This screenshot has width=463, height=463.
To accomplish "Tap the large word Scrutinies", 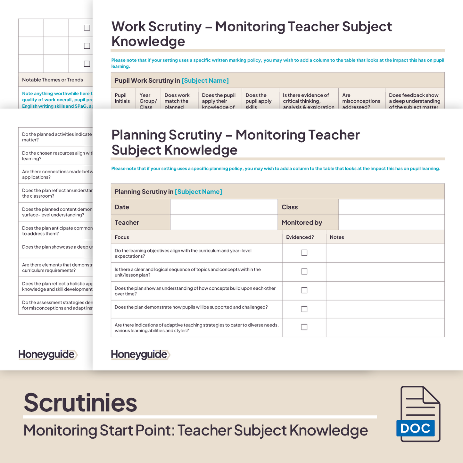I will coord(80,403).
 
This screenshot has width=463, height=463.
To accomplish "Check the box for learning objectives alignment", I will coord(304,253).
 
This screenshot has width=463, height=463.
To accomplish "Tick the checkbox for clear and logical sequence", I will coord(304,271).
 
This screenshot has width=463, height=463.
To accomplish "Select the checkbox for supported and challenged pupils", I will coord(304,309).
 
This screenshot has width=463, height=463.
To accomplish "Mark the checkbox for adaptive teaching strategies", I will coord(304,327).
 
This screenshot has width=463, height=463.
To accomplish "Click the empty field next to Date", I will coord(224,207).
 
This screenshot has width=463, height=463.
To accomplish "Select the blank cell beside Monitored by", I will coord(391,222).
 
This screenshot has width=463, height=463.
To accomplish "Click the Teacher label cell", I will coord(140,222).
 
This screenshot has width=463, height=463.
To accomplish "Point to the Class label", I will coord(290,207).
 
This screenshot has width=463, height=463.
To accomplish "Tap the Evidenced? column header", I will coord(300,237).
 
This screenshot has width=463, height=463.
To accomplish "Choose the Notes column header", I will coord(337,237).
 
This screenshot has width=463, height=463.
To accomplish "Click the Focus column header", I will coord(122,237).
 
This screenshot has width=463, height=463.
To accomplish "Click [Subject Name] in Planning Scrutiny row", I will coord(198,192).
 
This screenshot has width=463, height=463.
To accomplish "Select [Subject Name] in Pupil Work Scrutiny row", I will coord(205,80).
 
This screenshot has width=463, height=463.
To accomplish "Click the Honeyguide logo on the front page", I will coord(140,354).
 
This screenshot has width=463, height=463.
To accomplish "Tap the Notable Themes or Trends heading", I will coord(53,80).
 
